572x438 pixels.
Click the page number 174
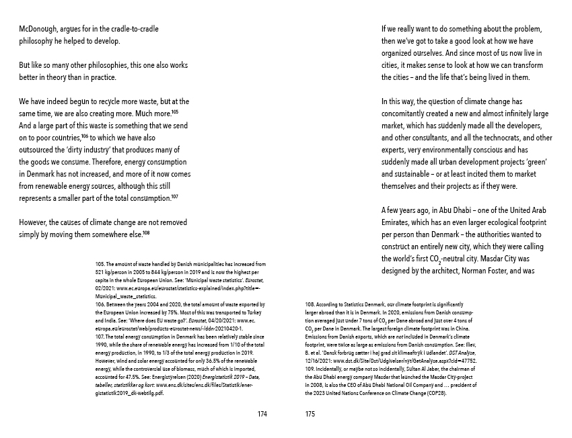point(262,414)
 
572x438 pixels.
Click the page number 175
point(310,414)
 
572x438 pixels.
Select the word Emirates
point(400,222)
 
